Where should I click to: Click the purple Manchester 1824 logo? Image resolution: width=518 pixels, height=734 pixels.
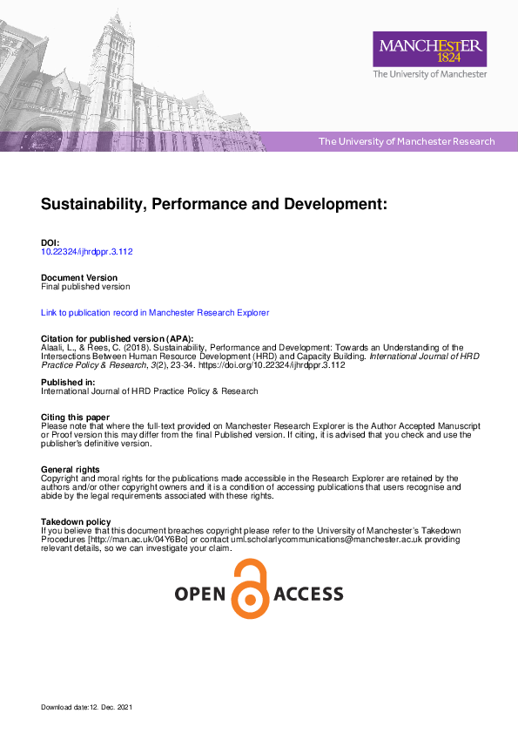429,49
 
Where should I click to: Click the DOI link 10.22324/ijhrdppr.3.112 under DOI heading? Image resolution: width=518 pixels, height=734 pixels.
87,251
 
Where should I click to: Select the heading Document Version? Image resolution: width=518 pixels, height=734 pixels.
79,278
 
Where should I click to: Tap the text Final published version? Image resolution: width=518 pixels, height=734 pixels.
85,287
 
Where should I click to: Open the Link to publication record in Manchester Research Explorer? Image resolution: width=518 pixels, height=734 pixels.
155,312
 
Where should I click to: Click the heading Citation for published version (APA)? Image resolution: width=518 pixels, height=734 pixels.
118,338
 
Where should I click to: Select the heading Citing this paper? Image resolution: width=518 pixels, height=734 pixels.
75,418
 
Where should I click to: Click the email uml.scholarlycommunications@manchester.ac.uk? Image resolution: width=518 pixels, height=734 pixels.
327,540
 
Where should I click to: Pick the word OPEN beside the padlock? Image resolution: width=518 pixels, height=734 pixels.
200,595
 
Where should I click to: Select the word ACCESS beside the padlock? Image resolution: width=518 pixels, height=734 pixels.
308,595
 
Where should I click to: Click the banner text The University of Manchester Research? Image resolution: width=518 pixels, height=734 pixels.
407,141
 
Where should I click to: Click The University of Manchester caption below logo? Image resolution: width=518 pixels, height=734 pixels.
429,75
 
